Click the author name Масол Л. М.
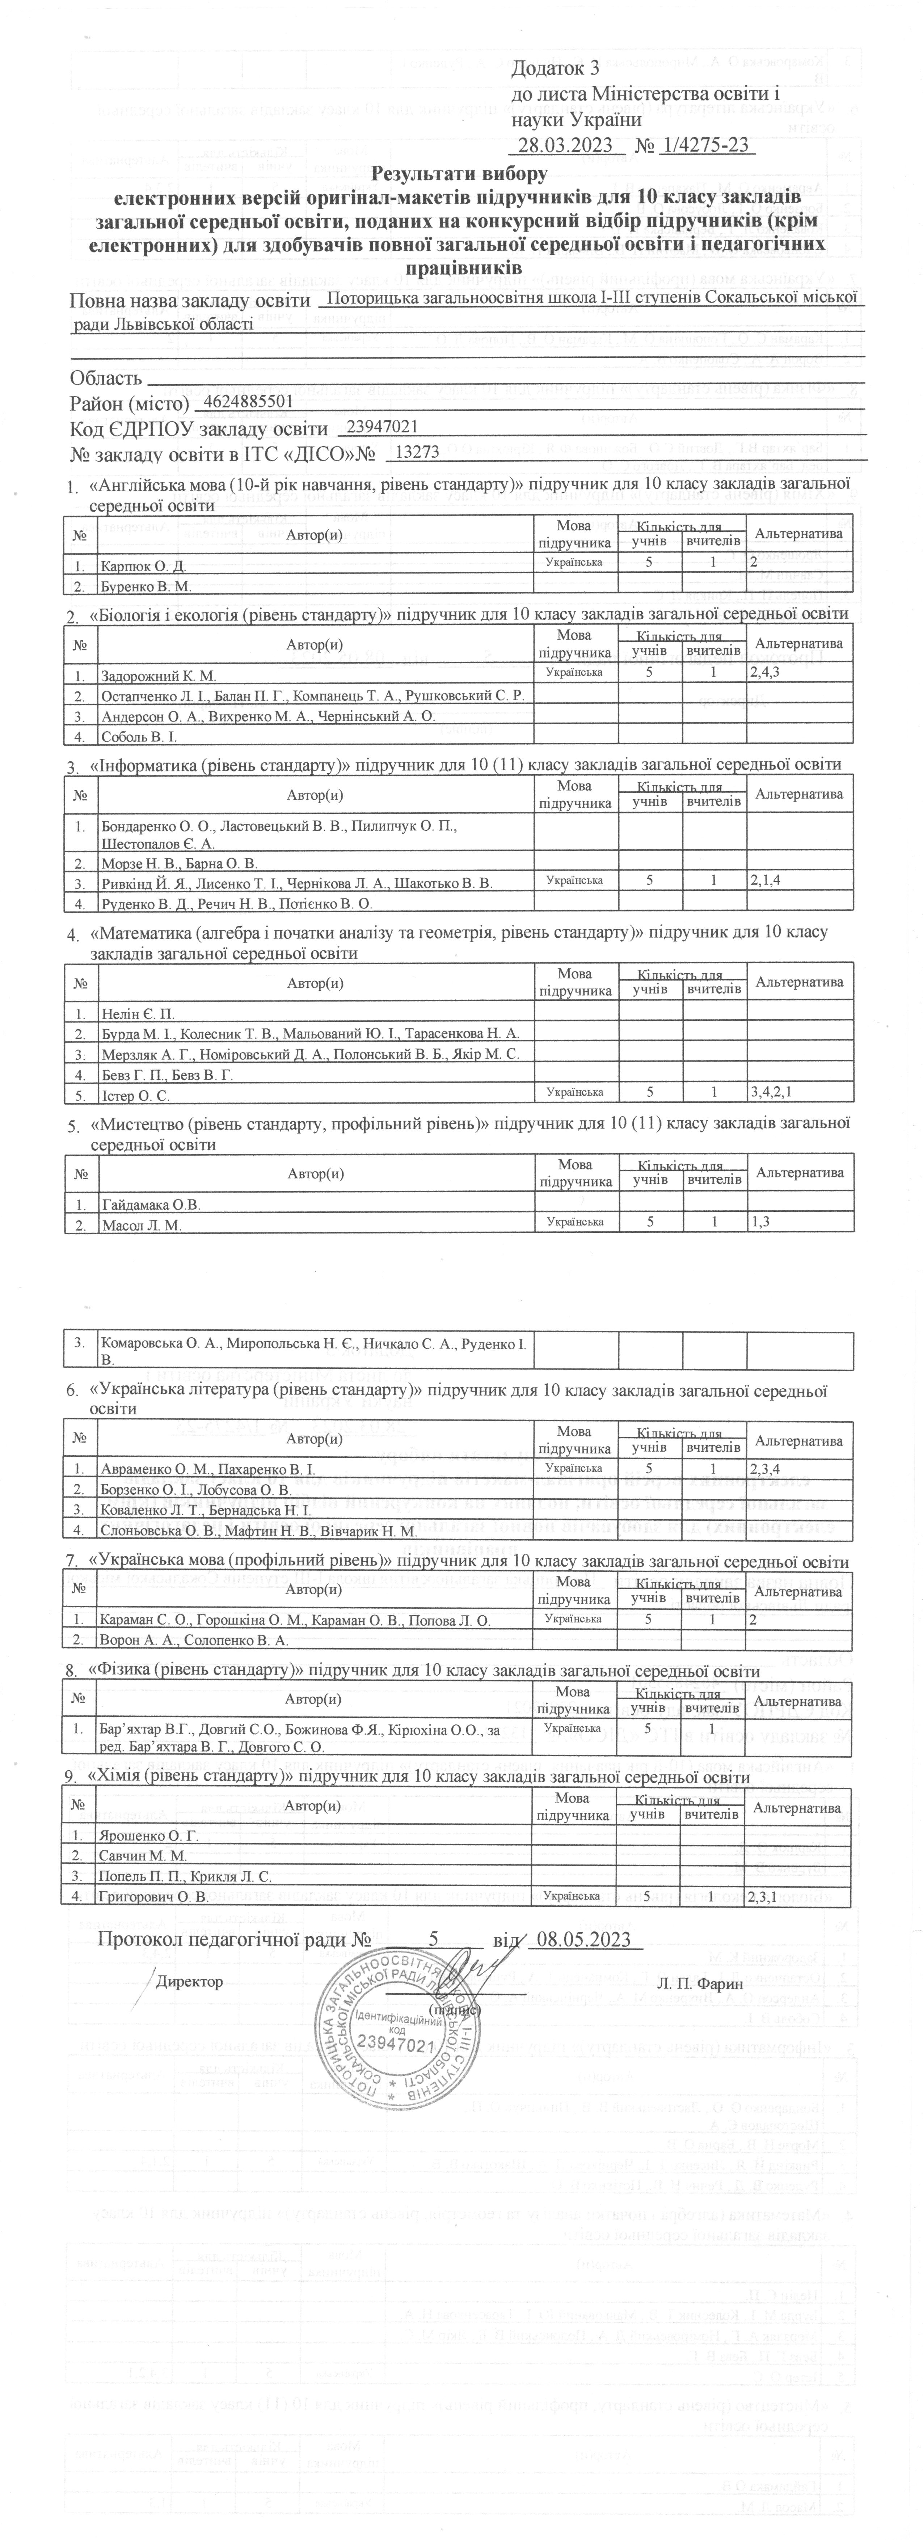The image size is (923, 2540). coord(142,1225)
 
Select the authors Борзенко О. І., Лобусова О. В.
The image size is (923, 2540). coord(196,1489)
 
